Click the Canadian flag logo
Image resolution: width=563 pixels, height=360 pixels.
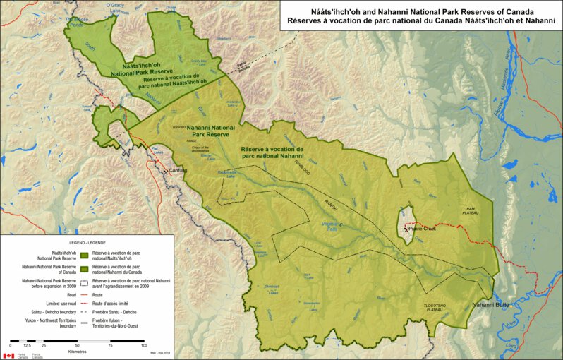tap(8, 356)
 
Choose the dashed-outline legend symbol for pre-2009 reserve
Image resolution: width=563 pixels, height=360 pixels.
tap(84, 283)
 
